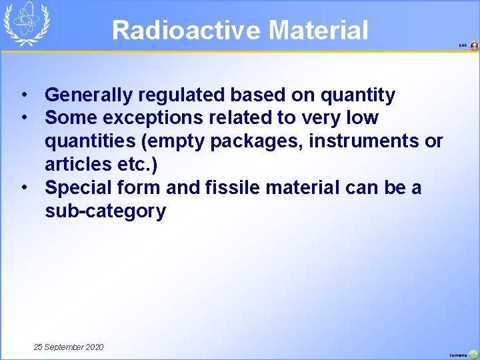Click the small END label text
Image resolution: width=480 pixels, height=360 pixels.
(x=463, y=46)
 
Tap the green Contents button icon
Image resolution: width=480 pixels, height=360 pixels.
(x=473, y=354)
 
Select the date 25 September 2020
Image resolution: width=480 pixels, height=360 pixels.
(x=69, y=347)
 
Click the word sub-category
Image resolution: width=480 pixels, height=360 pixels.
(x=105, y=211)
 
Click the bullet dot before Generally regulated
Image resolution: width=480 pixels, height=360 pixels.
(x=24, y=95)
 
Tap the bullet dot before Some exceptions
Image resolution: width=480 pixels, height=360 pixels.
(x=24, y=118)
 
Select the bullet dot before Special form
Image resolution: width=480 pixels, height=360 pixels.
(x=24, y=188)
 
